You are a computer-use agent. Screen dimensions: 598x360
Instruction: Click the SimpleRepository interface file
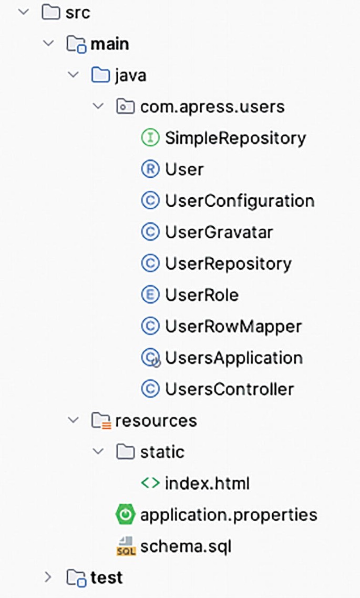pyautogui.click(x=235, y=138)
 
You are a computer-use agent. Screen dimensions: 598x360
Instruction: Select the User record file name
pyautogui.click(x=184, y=169)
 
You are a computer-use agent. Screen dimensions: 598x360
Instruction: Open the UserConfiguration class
pyautogui.click(x=239, y=201)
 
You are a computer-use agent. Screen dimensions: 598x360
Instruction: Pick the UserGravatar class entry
pyautogui.click(x=219, y=232)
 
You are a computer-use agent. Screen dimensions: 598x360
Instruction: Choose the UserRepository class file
pyautogui.click(x=228, y=263)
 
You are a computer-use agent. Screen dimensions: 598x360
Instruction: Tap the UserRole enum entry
pyautogui.click(x=201, y=295)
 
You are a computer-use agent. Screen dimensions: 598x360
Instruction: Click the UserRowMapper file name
pyautogui.click(x=233, y=327)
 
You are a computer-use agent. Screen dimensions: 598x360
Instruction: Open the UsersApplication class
pyautogui.click(x=233, y=358)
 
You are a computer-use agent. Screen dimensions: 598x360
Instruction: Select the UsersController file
pyautogui.click(x=229, y=390)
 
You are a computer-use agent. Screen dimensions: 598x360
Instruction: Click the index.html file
pyautogui.click(x=207, y=483)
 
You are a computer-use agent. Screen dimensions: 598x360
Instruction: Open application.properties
pyautogui.click(x=229, y=514)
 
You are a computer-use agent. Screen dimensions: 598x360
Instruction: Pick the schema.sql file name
pyautogui.click(x=186, y=546)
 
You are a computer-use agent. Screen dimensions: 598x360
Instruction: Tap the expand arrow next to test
pyautogui.click(x=48, y=577)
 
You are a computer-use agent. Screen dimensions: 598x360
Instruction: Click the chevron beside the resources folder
pyautogui.click(x=74, y=420)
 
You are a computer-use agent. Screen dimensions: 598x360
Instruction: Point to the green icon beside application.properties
pyautogui.click(x=125, y=514)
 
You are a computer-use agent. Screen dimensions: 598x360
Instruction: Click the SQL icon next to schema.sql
pyautogui.click(x=125, y=546)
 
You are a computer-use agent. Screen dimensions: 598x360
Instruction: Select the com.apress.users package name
pyautogui.click(x=212, y=107)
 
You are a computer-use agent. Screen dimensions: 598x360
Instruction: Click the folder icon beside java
pyautogui.click(x=100, y=76)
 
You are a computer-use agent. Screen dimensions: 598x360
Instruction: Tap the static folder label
pyautogui.click(x=162, y=452)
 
